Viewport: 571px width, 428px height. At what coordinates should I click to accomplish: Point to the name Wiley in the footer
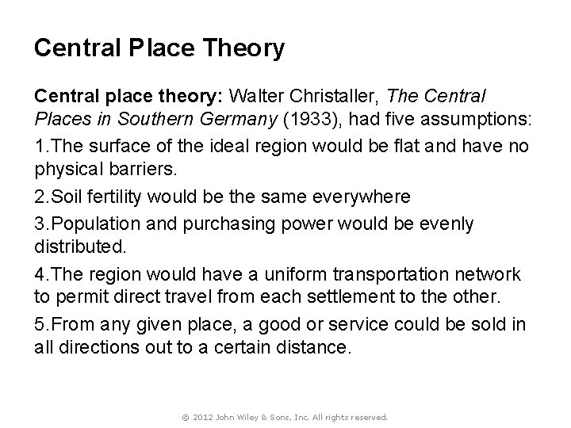click(248, 416)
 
